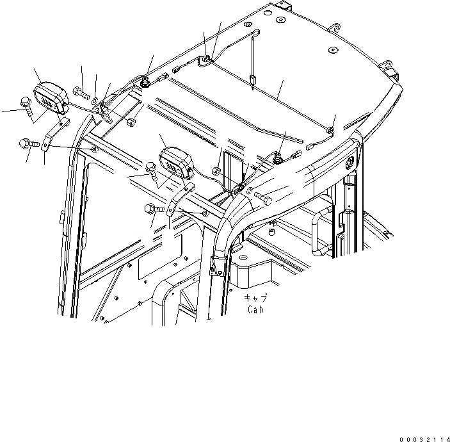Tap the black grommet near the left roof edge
(147, 81)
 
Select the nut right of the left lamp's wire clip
(131, 121)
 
